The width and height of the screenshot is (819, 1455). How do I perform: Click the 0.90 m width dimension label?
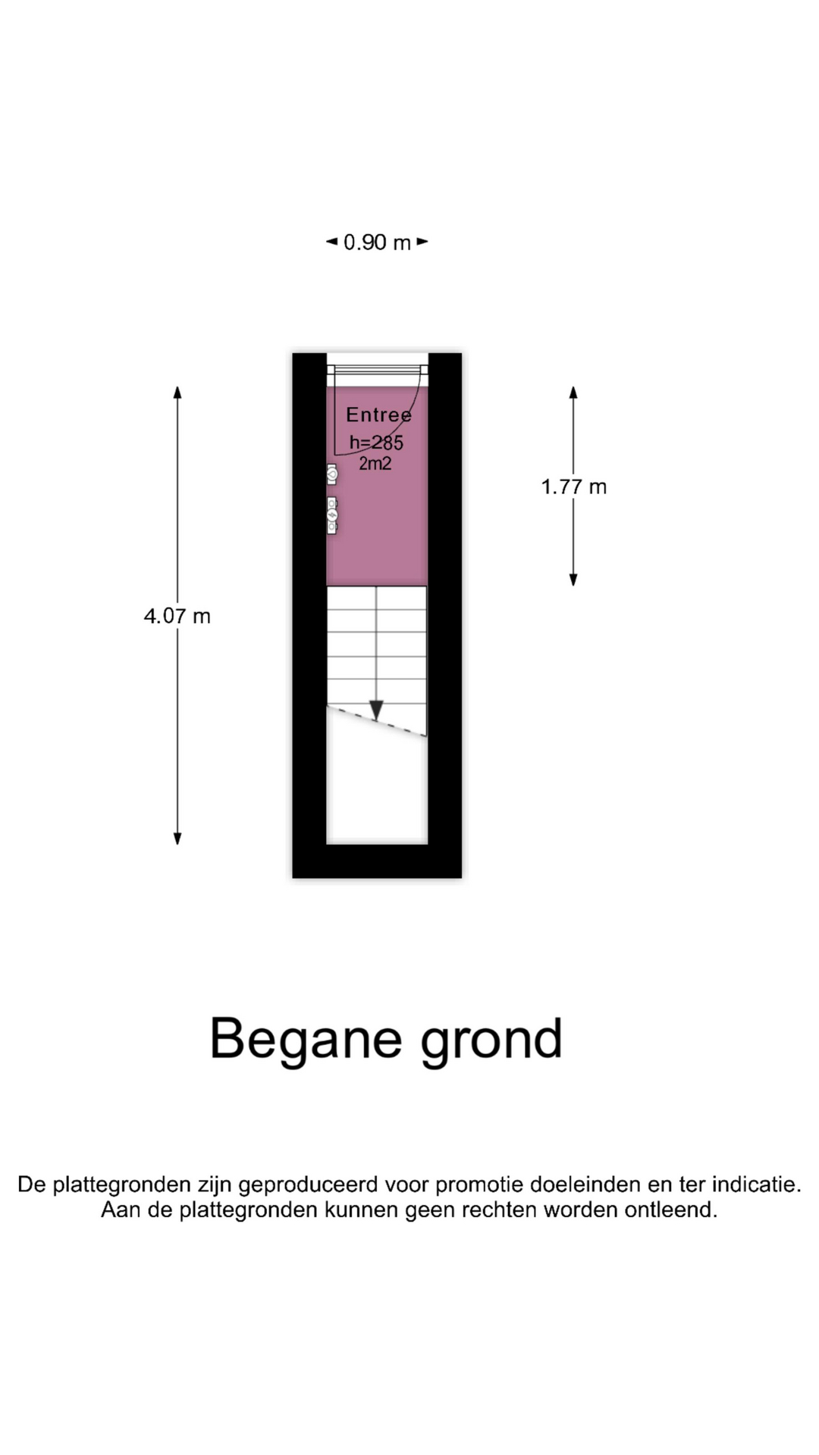(377, 242)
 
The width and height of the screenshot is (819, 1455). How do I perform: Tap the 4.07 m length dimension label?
(177, 616)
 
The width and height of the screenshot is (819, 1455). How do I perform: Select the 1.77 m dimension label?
(574, 487)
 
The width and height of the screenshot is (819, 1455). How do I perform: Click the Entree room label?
(379, 415)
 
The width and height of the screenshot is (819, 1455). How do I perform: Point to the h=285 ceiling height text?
(376, 443)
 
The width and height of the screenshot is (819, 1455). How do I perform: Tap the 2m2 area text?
(375, 463)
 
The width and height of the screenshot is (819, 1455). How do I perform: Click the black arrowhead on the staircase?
(376, 710)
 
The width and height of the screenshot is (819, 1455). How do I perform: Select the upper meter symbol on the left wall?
(331, 474)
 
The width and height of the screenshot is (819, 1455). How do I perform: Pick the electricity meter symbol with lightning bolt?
(331, 515)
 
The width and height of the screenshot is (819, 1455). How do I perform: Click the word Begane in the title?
(306, 1038)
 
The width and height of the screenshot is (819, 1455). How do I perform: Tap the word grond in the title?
(492, 1040)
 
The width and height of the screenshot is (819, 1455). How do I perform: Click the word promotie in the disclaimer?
(479, 1184)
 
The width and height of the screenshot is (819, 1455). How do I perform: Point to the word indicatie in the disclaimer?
(756, 1184)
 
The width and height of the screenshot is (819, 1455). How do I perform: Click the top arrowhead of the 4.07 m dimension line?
(177, 392)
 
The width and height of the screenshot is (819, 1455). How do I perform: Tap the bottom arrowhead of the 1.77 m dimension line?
(573, 580)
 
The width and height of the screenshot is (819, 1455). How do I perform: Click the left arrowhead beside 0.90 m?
(331, 242)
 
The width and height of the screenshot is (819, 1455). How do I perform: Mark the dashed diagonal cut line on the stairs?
(377, 721)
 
